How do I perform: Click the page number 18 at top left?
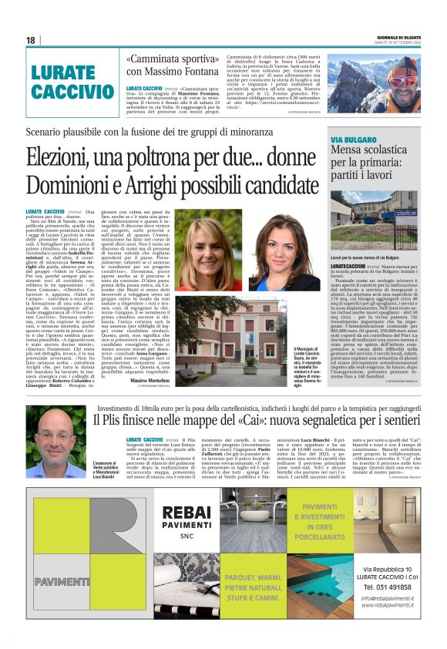tap(30, 40)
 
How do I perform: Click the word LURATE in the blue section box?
tap(62, 74)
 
